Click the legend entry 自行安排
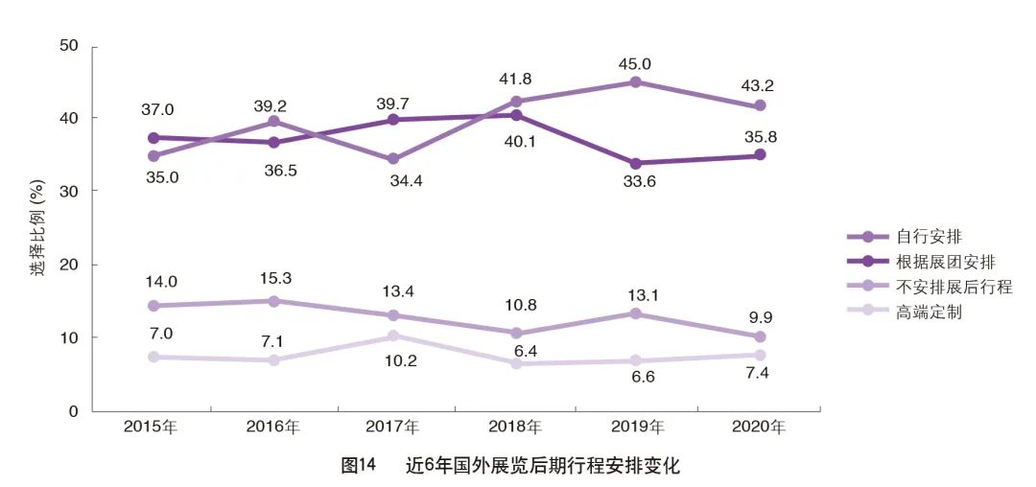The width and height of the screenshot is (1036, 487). tap(930, 236)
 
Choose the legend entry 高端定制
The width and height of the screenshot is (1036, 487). tap(930, 312)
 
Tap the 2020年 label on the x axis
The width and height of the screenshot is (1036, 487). tap(759, 427)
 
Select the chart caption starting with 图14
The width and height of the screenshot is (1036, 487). tap(510, 466)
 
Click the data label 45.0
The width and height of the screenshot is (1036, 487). tap(634, 64)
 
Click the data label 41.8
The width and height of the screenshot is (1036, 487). tap(516, 80)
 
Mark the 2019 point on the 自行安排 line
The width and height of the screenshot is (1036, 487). tap(636, 82)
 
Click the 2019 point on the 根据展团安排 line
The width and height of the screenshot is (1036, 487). tap(636, 163)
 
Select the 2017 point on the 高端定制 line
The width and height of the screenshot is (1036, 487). tap(393, 336)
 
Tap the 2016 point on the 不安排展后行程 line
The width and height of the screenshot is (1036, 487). tap(273, 301)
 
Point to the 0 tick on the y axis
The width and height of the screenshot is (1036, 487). tap(73, 411)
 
